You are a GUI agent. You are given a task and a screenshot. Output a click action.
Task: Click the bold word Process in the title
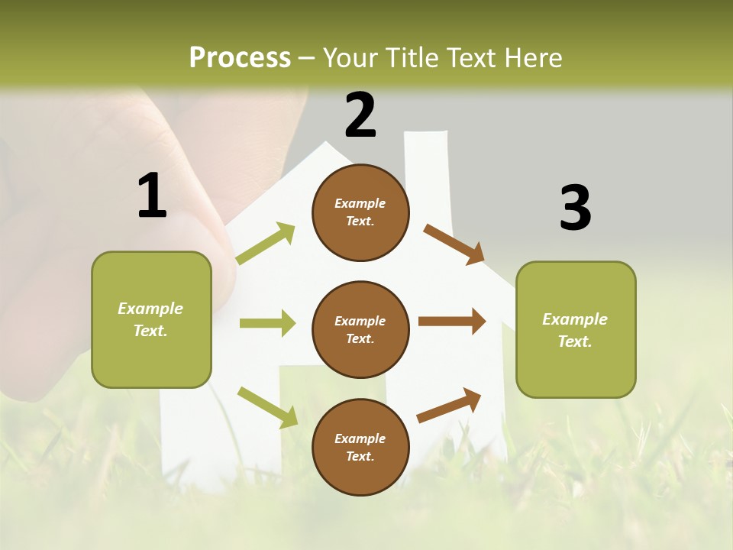(240, 58)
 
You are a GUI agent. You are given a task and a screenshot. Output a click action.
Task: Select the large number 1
(152, 196)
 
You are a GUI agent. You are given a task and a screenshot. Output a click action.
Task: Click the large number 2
(360, 115)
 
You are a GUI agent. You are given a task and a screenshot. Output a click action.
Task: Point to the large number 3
(575, 209)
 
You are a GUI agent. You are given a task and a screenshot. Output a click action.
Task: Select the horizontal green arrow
(267, 323)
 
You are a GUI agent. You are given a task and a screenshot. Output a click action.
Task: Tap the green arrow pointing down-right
(268, 407)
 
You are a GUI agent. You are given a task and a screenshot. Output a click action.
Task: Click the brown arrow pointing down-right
(454, 244)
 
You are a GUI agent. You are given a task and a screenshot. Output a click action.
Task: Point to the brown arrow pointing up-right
(449, 406)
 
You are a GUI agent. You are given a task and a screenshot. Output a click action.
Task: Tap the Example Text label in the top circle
(360, 212)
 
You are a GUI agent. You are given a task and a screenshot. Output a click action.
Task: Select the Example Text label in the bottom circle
(360, 448)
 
